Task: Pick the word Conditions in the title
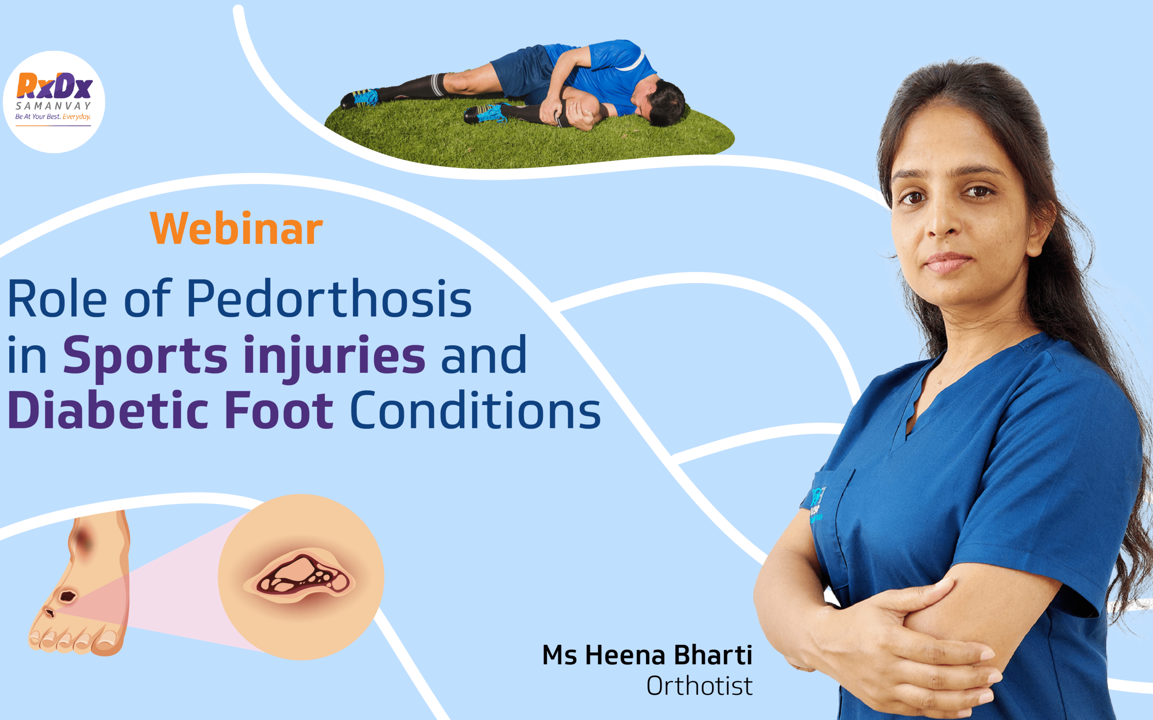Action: [x=476, y=410]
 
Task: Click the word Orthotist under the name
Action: [x=699, y=686]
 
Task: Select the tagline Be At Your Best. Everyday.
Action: [x=53, y=117]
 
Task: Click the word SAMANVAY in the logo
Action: [x=53, y=106]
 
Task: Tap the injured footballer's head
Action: [x=660, y=102]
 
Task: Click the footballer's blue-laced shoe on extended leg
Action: [x=361, y=98]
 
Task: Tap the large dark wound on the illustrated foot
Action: [x=67, y=596]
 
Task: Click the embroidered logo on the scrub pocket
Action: [x=816, y=505]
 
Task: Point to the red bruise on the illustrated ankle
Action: [x=83, y=540]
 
